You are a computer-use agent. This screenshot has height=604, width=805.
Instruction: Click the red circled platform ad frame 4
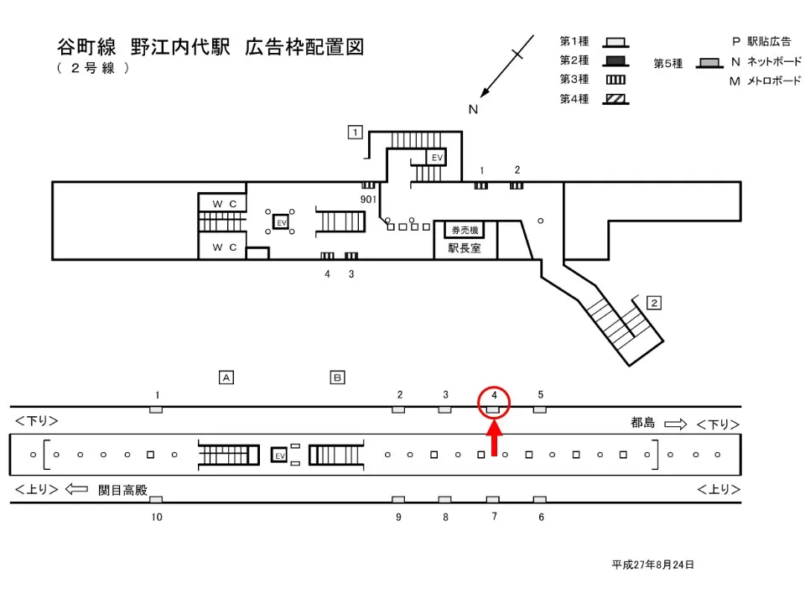click(x=494, y=409)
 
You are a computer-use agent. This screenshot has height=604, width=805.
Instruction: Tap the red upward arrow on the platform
click(x=494, y=440)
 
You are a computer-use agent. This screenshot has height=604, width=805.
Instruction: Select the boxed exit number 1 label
click(x=356, y=132)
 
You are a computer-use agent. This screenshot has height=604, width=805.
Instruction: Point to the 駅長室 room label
click(x=465, y=248)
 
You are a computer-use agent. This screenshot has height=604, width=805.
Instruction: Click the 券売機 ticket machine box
click(x=465, y=230)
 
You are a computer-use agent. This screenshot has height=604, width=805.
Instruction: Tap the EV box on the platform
click(x=280, y=455)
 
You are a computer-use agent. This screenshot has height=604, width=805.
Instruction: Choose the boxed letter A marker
click(x=226, y=377)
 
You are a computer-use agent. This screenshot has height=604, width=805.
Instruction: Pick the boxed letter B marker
click(x=337, y=377)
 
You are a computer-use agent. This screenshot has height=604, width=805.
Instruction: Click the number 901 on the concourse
click(x=368, y=199)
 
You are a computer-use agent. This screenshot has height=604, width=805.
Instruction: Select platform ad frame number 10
click(x=157, y=518)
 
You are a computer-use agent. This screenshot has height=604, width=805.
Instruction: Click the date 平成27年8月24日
click(x=652, y=565)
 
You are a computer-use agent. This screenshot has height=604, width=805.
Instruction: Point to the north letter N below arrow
click(x=473, y=109)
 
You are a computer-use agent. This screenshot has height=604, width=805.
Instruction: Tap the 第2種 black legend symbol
click(x=616, y=61)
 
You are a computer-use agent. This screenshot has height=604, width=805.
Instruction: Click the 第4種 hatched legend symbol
click(x=616, y=99)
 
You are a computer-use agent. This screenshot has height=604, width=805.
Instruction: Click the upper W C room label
click(x=223, y=203)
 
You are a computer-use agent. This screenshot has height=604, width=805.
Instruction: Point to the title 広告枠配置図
click(x=304, y=47)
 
